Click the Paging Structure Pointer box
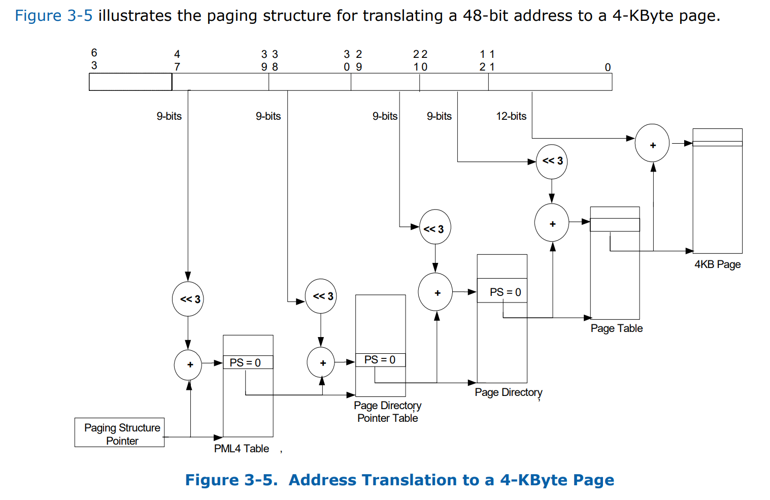[x=119, y=432]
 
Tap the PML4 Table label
[x=241, y=449]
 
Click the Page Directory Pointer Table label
[x=387, y=412]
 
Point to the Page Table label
[x=616, y=328]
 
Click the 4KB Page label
[x=717, y=264]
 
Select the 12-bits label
[x=511, y=116]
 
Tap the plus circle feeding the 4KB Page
[x=652, y=144]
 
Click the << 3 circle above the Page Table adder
[x=552, y=161]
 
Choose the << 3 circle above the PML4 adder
[x=188, y=299]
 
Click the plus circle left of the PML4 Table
[x=188, y=364]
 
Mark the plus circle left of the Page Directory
[x=435, y=292]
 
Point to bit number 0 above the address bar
[x=608, y=68]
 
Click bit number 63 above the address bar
[x=94, y=59]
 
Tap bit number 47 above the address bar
[x=177, y=60]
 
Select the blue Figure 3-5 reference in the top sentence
[x=53, y=16]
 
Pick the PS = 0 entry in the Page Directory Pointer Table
[x=380, y=360]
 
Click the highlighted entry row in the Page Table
[x=615, y=225]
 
